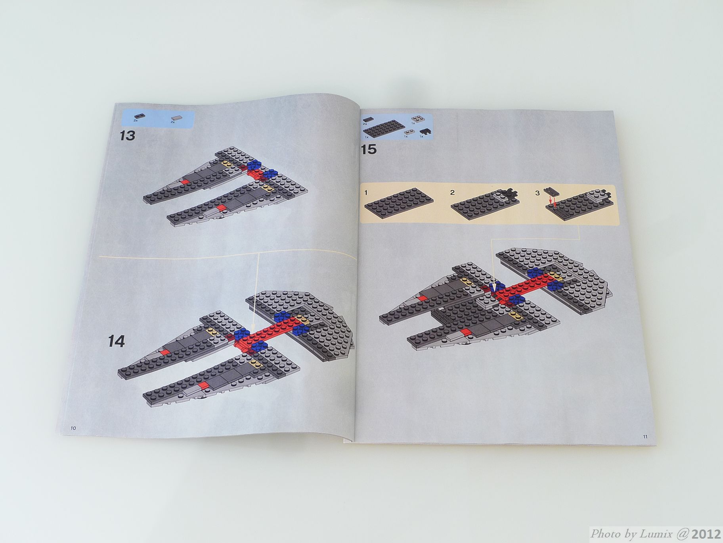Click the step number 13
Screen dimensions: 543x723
(x=127, y=136)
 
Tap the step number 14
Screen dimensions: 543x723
(x=117, y=341)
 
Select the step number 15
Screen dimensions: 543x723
(x=368, y=150)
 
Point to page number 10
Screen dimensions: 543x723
(x=73, y=428)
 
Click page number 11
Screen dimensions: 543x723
(x=645, y=437)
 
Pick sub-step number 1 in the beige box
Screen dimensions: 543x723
(x=366, y=193)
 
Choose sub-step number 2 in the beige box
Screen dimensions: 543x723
(x=452, y=193)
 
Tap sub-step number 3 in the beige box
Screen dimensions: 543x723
(x=537, y=193)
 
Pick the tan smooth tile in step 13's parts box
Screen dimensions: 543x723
(x=175, y=117)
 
